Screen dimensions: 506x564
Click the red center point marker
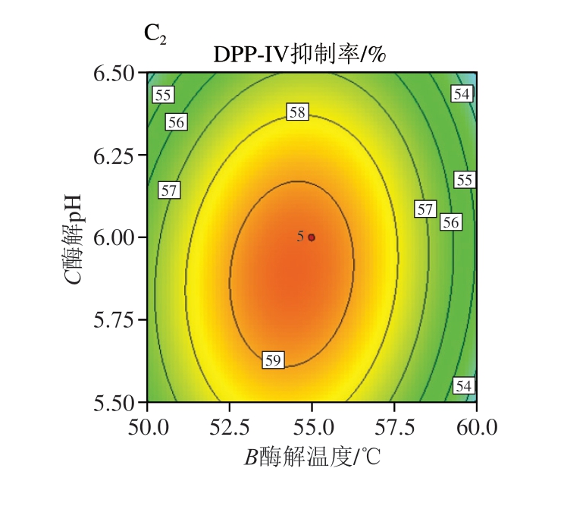312,237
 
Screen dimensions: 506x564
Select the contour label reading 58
297,112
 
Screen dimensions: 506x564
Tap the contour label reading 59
273,360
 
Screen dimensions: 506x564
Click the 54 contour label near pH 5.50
463,386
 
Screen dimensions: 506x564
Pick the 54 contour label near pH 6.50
462,94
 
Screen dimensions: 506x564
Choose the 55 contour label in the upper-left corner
162,95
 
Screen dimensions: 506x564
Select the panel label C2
155,34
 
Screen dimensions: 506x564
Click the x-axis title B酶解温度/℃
311,458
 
